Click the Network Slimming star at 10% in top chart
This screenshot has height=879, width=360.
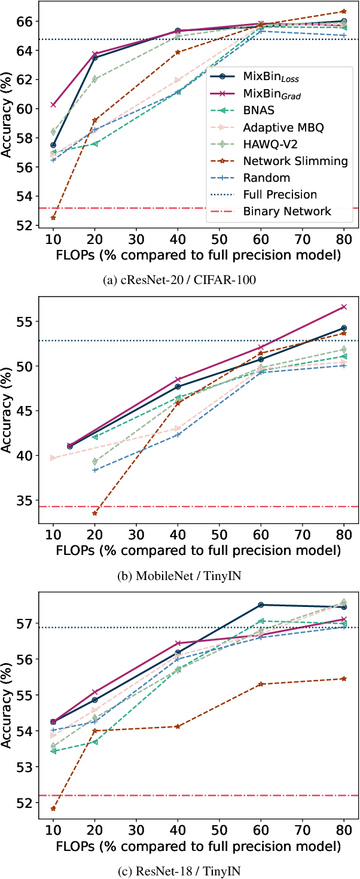point(53,218)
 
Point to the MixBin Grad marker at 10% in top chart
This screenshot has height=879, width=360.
point(53,105)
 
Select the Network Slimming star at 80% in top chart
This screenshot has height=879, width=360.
point(343,11)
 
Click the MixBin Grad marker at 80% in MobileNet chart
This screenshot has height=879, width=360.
point(343,307)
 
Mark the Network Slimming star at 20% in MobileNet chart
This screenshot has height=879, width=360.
point(94,513)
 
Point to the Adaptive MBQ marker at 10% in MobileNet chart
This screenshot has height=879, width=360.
point(53,458)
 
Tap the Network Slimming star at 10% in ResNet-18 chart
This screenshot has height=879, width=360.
point(53,808)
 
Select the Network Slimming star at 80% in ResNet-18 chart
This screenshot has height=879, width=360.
point(343,679)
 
